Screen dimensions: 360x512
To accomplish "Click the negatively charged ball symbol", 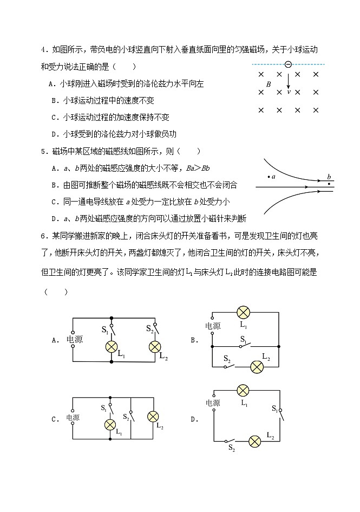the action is pos(288,64).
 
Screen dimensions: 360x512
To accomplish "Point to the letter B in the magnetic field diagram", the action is pos(269,85).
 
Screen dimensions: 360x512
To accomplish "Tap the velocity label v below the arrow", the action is pos(289,92).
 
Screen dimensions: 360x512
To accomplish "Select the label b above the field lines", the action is pos(329,177).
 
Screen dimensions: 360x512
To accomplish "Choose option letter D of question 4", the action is pos(54,134).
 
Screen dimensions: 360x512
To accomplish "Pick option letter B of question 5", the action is pos(54,185).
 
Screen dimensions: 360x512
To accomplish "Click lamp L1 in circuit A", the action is pos(112,347).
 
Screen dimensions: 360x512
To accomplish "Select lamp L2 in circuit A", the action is pos(154,347).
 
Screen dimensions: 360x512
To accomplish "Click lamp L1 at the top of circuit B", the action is pos(244,312).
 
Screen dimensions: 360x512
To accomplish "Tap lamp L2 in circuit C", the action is pos(153,416).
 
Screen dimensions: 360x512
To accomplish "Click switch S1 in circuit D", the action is pos(280,413).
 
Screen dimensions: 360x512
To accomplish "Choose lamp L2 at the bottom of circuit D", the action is pos(255,441).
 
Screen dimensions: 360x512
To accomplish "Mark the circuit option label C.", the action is pos(55,419).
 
